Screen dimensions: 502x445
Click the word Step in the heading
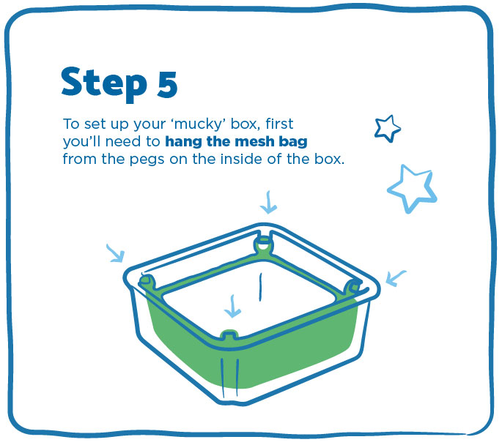point(104,83)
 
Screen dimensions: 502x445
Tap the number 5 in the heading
point(167,83)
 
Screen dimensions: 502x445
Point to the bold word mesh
point(254,141)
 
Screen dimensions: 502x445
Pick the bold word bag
point(293,141)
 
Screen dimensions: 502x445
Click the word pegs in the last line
point(147,160)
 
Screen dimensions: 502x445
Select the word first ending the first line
point(279,124)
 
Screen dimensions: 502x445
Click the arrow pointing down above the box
point(268,203)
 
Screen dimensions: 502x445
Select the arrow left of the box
point(116,253)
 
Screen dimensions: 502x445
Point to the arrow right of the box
point(396,278)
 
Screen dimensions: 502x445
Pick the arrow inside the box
point(232,307)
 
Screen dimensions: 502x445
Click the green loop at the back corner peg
point(264,245)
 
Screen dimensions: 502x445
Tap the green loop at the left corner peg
point(147,281)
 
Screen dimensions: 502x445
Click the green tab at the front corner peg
point(229,334)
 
